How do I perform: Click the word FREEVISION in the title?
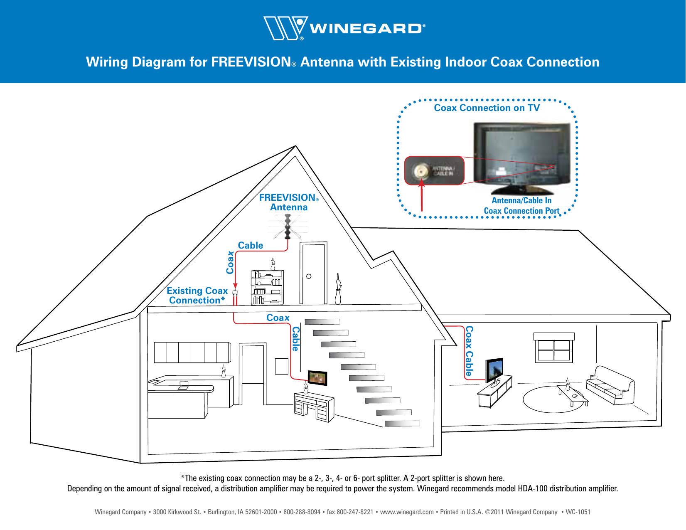pos(251,62)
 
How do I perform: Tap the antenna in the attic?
pos(288,227)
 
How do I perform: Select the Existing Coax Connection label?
pos(197,296)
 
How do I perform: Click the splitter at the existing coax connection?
pos(235,293)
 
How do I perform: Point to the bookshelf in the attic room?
pos(267,287)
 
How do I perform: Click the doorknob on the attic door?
pos(309,276)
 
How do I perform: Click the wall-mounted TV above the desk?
pos(317,378)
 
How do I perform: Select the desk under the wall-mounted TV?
pos(314,407)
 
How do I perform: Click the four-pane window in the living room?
pos(554,350)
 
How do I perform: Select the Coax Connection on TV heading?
pos(487,108)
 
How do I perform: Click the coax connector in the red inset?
pos(421,171)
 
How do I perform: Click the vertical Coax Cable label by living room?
pos(469,351)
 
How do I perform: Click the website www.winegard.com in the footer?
pos(407,512)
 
